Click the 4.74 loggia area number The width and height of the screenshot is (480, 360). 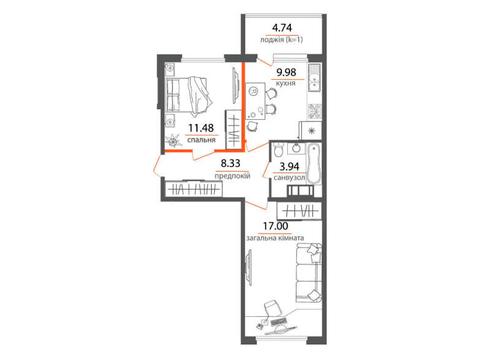tap(282, 27)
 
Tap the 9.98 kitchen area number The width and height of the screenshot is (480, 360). tap(286, 72)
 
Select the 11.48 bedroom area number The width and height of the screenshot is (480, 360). tap(201, 128)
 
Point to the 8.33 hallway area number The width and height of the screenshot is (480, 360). tap(231, 163)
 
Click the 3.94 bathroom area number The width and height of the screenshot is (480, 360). tap(289, 166)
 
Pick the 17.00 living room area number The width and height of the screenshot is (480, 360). tap(276, 226)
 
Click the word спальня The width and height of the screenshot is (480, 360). tap(201, 140)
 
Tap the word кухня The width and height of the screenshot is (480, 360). tap(286, 83)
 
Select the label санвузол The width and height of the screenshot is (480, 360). tap(289, 178)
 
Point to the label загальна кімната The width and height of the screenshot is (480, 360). tap(275, 238)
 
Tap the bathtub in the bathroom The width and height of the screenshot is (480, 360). tap(313, 164)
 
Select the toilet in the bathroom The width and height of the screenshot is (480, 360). tap(277, 150)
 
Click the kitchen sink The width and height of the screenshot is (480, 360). tap(314, 77)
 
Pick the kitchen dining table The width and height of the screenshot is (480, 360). tap(255, 101)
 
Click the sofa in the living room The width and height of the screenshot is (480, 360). tap(309, 273)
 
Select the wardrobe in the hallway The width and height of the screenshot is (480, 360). tap(194, 190)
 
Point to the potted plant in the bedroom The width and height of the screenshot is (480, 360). tap(174, 141)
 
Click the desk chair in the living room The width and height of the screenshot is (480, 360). tap(272, 307)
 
